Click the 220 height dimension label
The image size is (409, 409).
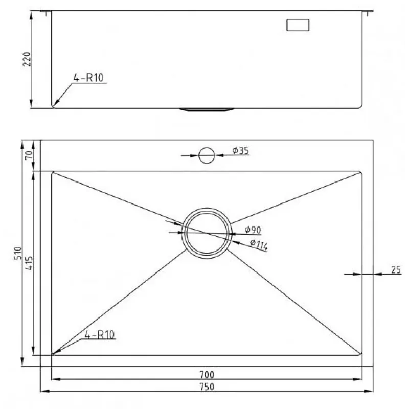pyautogui.click(x=27, y=59)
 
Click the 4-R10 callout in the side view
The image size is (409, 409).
pyautogui.click(x=88, y=78)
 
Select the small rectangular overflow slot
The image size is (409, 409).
pyautogui.click(x=298, y=25)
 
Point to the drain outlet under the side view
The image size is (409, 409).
pyautogui.click(x=207, y=109)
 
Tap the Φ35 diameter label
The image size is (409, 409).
pyautogui.click(x=240, y=150)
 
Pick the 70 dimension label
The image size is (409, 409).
pyautogui.click(x=29, y=155)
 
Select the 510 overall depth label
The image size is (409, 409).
pyautogui.click(x=18, y=253)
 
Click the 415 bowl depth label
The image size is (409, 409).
pyautogui.click(x=29, y=263)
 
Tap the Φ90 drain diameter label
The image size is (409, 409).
pyautogui.click(x=253, y=230)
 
